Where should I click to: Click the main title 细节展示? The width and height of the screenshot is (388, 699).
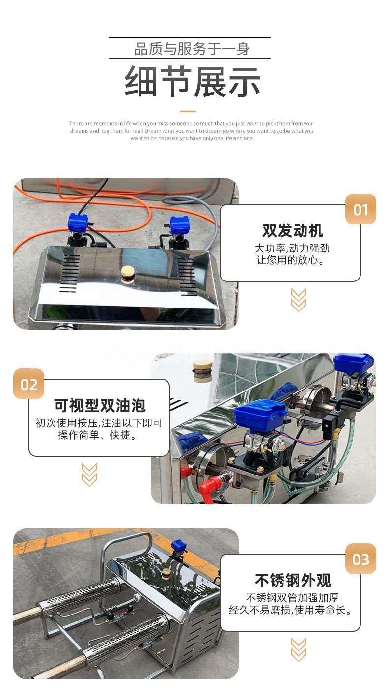click(193, 82)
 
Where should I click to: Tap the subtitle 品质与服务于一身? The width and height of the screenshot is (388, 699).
click(192, 49)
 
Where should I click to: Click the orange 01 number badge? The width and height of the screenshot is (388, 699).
click(360, 209)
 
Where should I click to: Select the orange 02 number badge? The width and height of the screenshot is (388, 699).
click(28, 384)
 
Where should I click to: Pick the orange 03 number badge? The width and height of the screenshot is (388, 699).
click(360, 559)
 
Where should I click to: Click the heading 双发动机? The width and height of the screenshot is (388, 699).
click(293, 230)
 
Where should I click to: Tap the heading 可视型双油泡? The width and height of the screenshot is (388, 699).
click(100, 405)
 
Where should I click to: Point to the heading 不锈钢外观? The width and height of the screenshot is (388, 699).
click(293, 580)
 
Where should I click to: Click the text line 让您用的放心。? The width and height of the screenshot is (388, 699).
click(290, 260)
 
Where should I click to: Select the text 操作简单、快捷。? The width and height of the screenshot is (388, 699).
click(97, 435)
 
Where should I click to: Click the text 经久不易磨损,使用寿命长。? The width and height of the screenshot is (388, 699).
click(290, 610)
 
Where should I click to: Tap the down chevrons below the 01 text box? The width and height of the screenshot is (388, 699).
click(299, 300)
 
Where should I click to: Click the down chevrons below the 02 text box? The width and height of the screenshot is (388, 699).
click(89, 475)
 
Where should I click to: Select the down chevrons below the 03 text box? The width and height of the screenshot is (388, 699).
click(299, 649)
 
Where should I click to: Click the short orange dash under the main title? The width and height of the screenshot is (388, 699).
click(188, 111)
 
